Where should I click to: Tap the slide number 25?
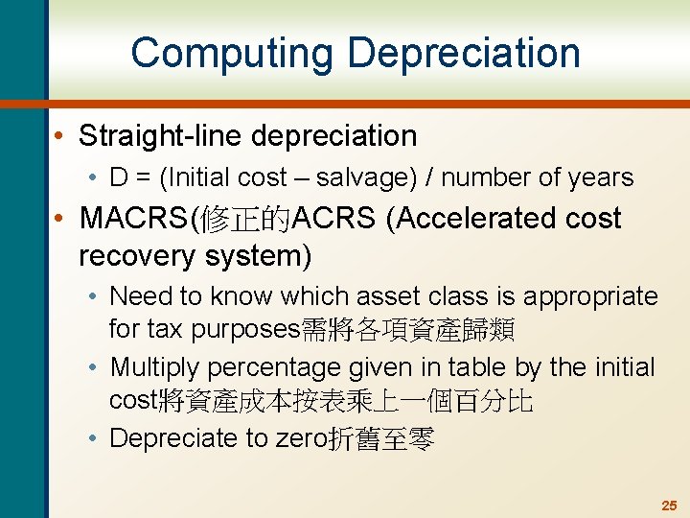pos(668,505)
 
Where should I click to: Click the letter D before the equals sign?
pos(119,177)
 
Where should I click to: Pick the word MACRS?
pos(134,219)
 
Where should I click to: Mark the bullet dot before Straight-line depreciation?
pos(60,136)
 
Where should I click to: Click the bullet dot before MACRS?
pos(60,219)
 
